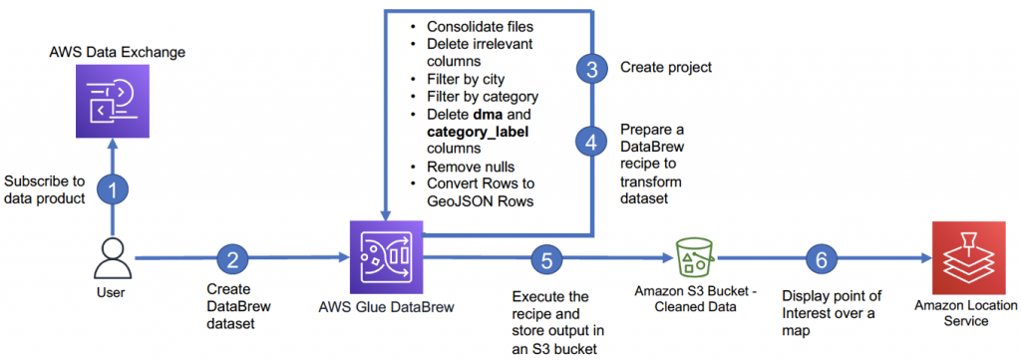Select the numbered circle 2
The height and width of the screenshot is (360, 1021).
[233, 260]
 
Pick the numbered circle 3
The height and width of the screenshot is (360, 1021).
[591, 69]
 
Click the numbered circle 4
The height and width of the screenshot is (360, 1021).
[591, 142]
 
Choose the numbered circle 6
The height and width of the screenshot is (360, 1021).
[821, 260]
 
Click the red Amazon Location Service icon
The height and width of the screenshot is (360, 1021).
[960, 257]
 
